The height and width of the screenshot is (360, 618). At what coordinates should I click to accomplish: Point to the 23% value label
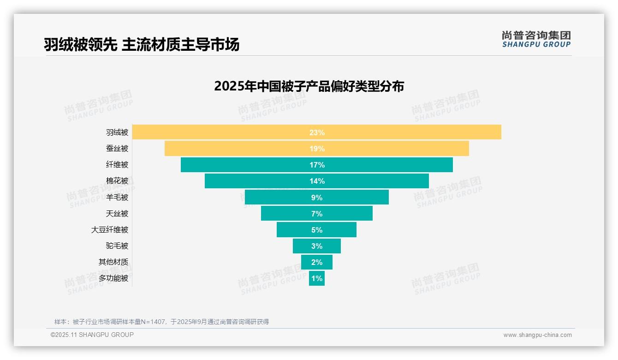click(x=317, y=132)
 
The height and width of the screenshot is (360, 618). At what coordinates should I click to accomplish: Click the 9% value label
click(x=317, y=198)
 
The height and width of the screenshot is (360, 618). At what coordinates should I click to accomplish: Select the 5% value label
click(x=317, y=230)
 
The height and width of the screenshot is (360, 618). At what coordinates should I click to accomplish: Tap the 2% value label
click(x=317, y=262)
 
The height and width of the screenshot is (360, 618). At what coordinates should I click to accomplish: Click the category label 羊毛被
click(x=117, y=198)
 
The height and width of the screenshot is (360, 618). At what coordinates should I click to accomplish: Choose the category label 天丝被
click(x=117, y=214)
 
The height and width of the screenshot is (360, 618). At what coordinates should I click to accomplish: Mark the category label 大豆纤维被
click(x=110, y=230)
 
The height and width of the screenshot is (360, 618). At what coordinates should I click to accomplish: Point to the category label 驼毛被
click(x=117, y=246)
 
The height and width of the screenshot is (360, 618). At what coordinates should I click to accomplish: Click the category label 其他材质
click(x=113, y=262)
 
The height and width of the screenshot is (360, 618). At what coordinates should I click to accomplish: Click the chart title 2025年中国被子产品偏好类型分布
click(x=309, y=86)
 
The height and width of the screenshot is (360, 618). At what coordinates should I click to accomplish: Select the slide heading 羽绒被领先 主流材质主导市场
click(x=142, y=45)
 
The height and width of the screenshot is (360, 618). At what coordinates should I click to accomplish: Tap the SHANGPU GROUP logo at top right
click(x=536, y=39)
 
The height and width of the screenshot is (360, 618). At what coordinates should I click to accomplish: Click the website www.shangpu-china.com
click(x=537, y=335)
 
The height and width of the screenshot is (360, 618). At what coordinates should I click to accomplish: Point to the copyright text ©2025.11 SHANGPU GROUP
click(x=92, y=335)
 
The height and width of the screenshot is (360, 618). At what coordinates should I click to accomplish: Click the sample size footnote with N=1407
click(x=161, y=322)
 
